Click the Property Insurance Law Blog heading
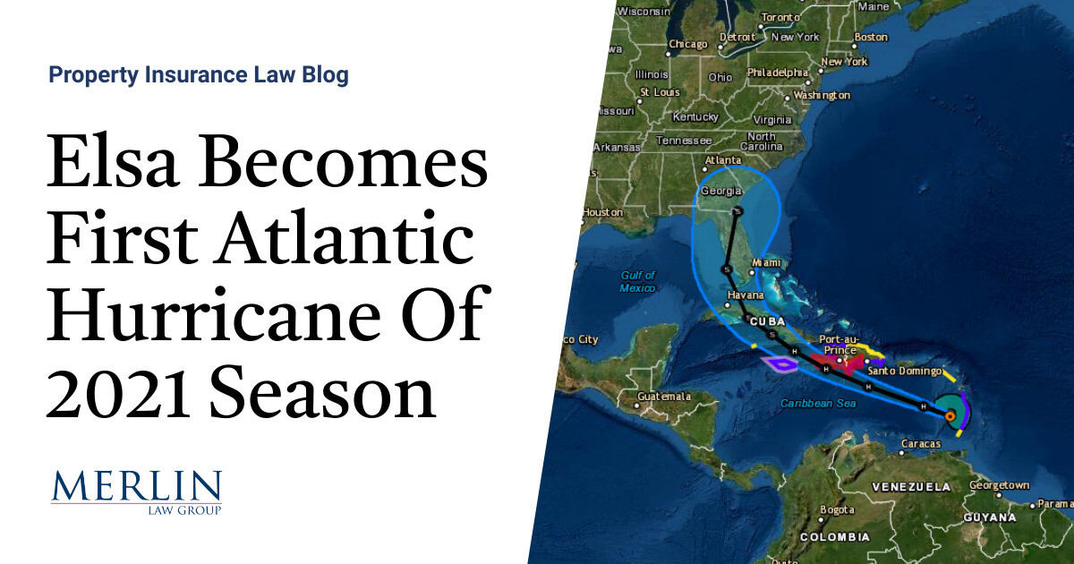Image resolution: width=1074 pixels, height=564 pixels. (x=199, y=75)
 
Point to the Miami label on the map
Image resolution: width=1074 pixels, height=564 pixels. (x=767, y=262)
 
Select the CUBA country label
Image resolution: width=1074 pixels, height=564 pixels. (x=768, y=320)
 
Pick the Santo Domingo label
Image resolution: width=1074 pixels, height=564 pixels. (x=906, y=370)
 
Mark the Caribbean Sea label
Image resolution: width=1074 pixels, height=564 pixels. (x=818, y=404)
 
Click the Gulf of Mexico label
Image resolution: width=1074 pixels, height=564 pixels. (x=637, y=281)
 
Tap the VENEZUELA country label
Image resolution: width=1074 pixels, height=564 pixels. (x=912, y=487)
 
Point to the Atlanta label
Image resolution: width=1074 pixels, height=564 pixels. (x=722, y=161)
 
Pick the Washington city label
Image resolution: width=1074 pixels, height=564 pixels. (x=821, y=95)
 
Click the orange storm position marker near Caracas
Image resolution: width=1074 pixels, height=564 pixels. (x=949, y=415)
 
